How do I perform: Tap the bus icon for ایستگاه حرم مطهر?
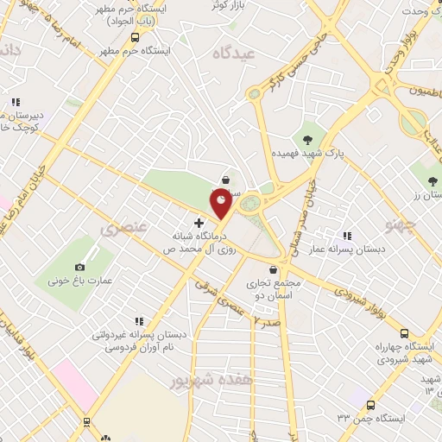[x=135, y=37]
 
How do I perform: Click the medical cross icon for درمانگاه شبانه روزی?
[x=199, y=223]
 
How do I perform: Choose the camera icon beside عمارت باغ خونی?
[x=80, y=268]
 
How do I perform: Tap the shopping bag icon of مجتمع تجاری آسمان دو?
[x=273, y=269]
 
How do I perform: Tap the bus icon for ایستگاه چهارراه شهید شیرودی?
[x=404, y=333]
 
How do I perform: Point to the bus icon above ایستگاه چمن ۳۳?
[x=370, y=405]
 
